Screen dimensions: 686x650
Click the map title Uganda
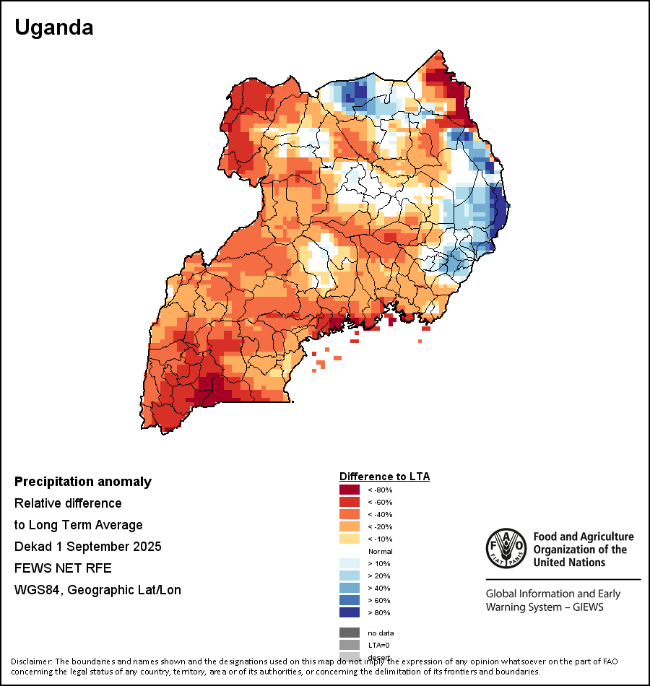click(54, 28)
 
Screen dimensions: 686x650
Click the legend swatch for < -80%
click(350, 490)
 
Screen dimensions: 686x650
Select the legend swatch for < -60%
click(350, 502)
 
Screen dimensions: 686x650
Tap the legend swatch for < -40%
click(350, 514)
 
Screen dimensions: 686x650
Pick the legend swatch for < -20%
click(350, 526)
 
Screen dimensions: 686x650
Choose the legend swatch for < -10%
click(350, 539)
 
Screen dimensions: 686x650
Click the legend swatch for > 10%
click(350, 563)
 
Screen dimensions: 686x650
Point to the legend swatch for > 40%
click(350, 588)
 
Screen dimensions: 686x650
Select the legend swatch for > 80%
click(350, 612)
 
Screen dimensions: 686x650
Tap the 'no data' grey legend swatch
click(350, 633)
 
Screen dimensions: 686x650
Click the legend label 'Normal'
click(380, 551)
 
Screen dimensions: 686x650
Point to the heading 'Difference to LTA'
click(384, 477)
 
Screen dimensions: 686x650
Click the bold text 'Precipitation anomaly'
click(83, 482)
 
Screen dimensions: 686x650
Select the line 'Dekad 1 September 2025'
click(87, 547)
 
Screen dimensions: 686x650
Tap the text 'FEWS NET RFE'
click(63, 568)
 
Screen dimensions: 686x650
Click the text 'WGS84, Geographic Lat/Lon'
click(97, 590)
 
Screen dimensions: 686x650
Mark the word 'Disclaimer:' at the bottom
click(31, 661)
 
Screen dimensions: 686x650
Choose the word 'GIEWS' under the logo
click(586, 607)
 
